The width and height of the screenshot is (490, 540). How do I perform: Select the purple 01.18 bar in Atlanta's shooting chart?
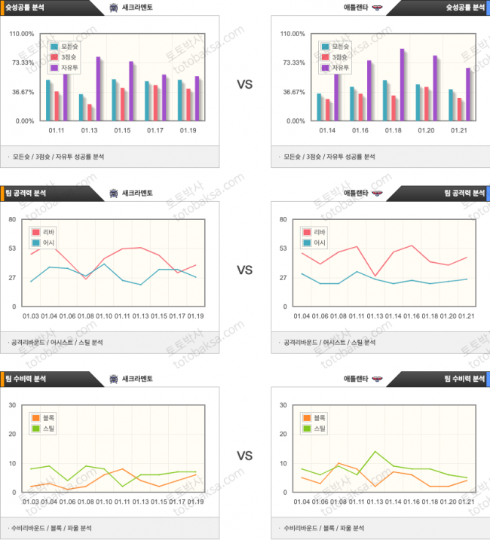click(402, 84)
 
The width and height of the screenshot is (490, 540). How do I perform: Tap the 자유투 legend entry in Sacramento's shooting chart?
click(69, 68)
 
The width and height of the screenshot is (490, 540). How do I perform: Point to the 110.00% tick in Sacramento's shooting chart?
click(22, 34)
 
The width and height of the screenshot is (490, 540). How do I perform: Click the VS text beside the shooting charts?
click(244, 84)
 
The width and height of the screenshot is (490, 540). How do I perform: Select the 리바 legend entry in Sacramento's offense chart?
click(46, 233)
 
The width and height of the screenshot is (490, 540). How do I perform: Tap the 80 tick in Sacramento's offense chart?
click(13, 219)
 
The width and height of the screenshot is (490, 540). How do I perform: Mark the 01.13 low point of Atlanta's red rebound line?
click(375, 276)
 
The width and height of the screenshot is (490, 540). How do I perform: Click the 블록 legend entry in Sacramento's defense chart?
click(46, 418)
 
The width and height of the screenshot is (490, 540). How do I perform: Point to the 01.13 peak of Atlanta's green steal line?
click(375, 451)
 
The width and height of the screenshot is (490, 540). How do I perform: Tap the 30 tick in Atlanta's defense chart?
click(283, 405)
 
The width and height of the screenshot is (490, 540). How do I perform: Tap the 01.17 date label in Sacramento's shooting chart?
click(155, 130)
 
